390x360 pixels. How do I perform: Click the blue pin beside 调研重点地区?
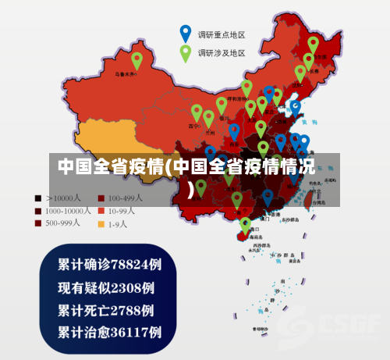(x=186, y=33)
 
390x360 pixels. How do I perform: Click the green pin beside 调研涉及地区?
(x=186, y=52)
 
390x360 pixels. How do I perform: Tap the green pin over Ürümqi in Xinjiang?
(x=137, y=59)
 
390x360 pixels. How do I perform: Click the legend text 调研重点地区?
(x=222, y=35)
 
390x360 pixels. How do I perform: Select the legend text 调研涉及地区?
(x=222, y=54)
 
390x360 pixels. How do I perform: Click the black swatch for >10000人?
(x=37, y=198)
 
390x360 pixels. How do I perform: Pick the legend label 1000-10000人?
(x=69, y=211)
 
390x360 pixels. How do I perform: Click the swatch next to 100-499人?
(x=101, y=198)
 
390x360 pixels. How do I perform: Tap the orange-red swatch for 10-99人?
(x=101, y=211)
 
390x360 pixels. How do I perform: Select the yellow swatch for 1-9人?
(x=101, y=223)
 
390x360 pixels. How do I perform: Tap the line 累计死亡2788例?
(x=106, y=309)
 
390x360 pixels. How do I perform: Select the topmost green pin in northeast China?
(x=313, y=44)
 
